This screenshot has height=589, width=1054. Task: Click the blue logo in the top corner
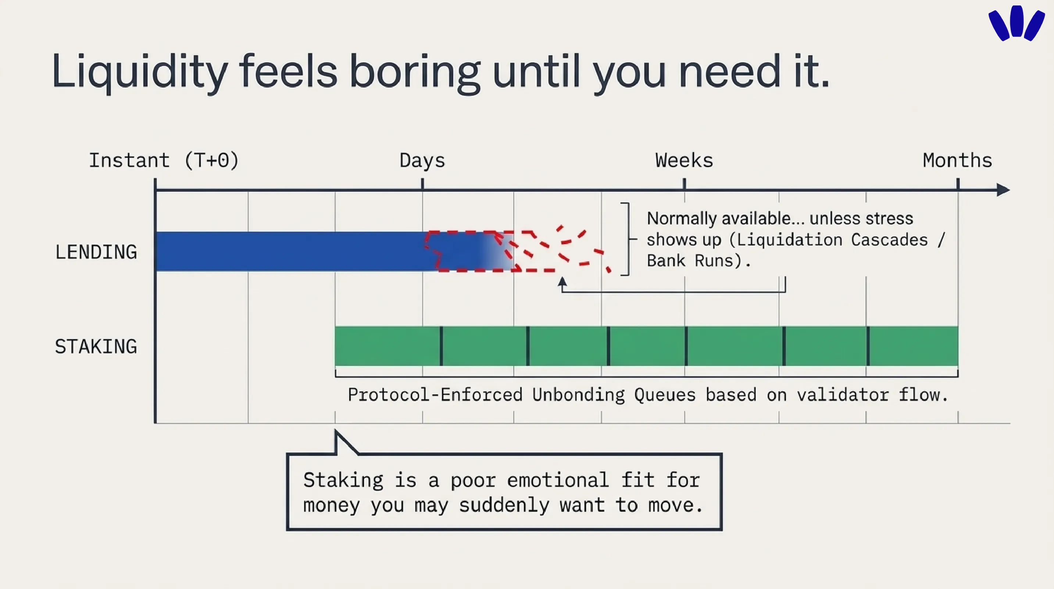tap(1017, 23)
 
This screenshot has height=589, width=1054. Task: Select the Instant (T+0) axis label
tap(164, 160)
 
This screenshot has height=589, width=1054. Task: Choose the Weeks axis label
tap(684, 160)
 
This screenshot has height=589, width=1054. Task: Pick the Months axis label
tap(957, 160)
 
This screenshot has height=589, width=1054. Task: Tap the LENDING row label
tap(96, 252)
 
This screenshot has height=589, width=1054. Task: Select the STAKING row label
tap(96, 346)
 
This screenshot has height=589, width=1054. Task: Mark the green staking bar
tap(646, 346)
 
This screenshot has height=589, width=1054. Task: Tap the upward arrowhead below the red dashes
tap(562, 282)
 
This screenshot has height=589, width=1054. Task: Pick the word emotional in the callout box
tap(558, 480)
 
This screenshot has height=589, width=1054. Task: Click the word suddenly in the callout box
tap(504, 505)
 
